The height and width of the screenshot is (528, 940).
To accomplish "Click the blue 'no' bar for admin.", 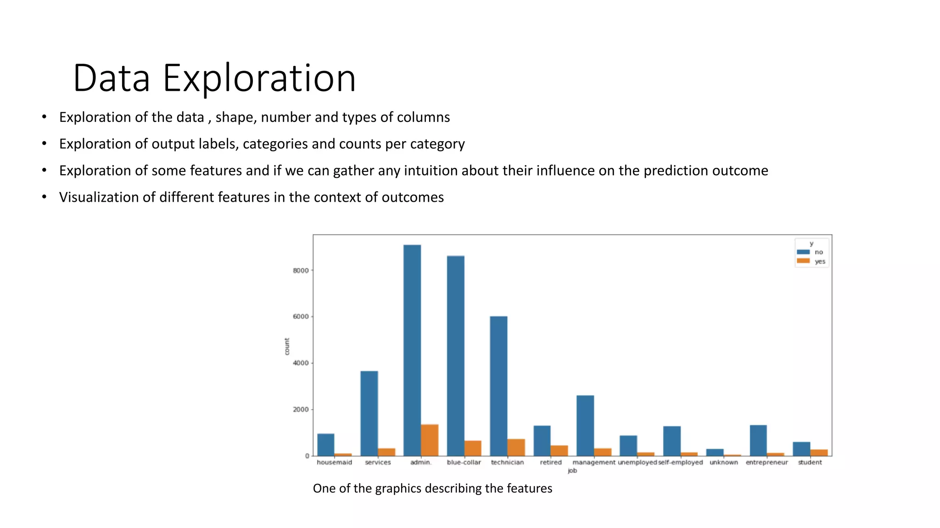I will point(412,350).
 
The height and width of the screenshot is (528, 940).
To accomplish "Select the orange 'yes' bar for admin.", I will point(430,440).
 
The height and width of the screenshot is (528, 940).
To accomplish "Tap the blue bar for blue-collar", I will point(455,356).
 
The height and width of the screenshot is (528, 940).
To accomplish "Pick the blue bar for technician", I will point(498,386).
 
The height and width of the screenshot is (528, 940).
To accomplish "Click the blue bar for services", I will point(369,413).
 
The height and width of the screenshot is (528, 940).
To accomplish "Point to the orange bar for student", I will point(819,452).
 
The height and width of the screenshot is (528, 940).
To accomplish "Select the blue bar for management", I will point(585,425).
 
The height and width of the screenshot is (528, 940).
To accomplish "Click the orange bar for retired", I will point(559,451).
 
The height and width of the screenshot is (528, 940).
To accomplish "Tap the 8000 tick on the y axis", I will point(301,270).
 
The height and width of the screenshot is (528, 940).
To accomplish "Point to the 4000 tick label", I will point(301,363).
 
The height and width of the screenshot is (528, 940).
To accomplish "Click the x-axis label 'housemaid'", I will point(334,462).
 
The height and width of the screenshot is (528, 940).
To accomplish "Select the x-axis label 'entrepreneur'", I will point(767,462).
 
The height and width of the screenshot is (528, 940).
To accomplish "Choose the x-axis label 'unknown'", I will point(724,462).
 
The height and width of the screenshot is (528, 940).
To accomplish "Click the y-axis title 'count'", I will point(287,346).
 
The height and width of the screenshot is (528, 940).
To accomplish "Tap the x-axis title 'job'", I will point(572,471).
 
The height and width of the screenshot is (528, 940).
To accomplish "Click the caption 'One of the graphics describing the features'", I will point(432,489).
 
